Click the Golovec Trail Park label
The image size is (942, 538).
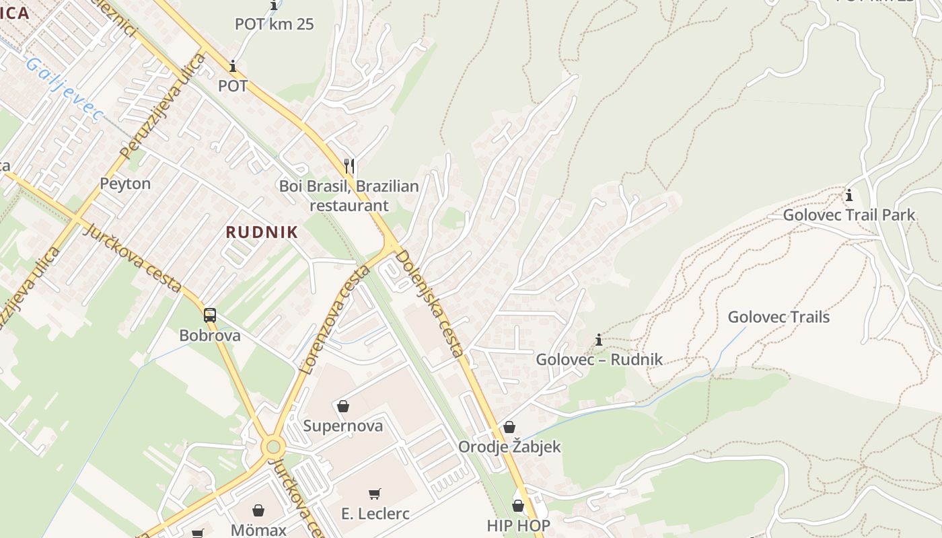pos(848,215)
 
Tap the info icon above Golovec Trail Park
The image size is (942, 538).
pos(849,196)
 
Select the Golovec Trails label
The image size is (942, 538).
pos(778,317)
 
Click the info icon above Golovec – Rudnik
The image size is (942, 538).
pos(599,340)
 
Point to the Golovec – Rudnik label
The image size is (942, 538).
pos(599,359)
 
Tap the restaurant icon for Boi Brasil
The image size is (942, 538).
pos(349,165)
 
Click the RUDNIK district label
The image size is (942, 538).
pos(262,233)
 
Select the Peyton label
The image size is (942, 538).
pos(125,184)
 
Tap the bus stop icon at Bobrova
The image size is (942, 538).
pos(210,315)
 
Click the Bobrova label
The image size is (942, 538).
pos(210,335)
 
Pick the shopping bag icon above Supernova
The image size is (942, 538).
pos(342,406)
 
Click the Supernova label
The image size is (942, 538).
pos(342,426)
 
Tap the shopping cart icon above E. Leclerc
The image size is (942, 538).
pos(375,494)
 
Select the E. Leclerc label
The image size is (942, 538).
pos(375,514)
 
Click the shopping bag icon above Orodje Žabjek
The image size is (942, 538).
pos(509,427)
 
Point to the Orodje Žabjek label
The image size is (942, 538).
pos(509,447)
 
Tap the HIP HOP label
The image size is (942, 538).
pos(518,525)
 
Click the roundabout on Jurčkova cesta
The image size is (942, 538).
pos(273,446)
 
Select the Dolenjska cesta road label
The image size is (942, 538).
pos(429,303)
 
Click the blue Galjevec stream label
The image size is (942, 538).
pos(64,89)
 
